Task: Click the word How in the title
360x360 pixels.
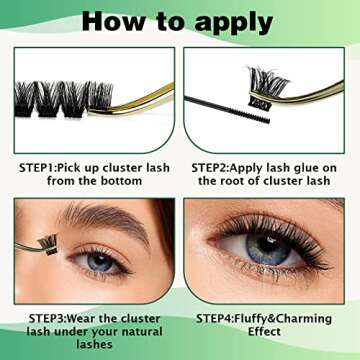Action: [110, 21]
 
